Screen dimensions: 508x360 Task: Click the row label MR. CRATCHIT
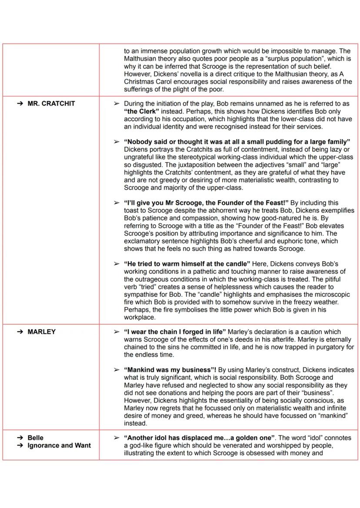click(x=51, y=103)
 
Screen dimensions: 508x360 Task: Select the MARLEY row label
click(x=42, y=332)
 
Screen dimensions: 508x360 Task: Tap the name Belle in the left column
click(x=35, y=438)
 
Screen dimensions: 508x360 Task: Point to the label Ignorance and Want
click(x=59, y=445)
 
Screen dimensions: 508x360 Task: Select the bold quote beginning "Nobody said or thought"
click(x=237, y=142)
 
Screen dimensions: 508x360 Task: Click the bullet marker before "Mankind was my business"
click(x=116, y=370)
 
